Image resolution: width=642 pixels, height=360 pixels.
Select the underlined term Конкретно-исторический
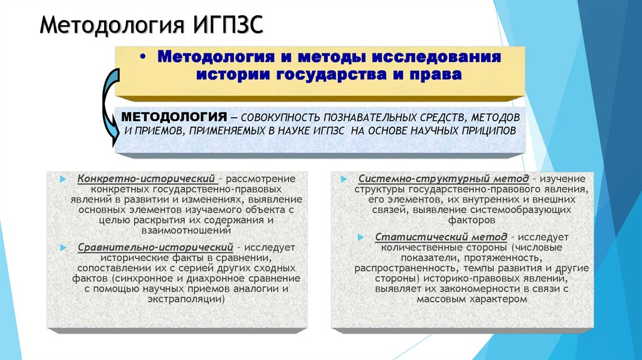(147, 178)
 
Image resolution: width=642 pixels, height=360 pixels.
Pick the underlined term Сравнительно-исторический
(155, 247)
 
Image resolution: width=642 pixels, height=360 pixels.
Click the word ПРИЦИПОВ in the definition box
(486, 131)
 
